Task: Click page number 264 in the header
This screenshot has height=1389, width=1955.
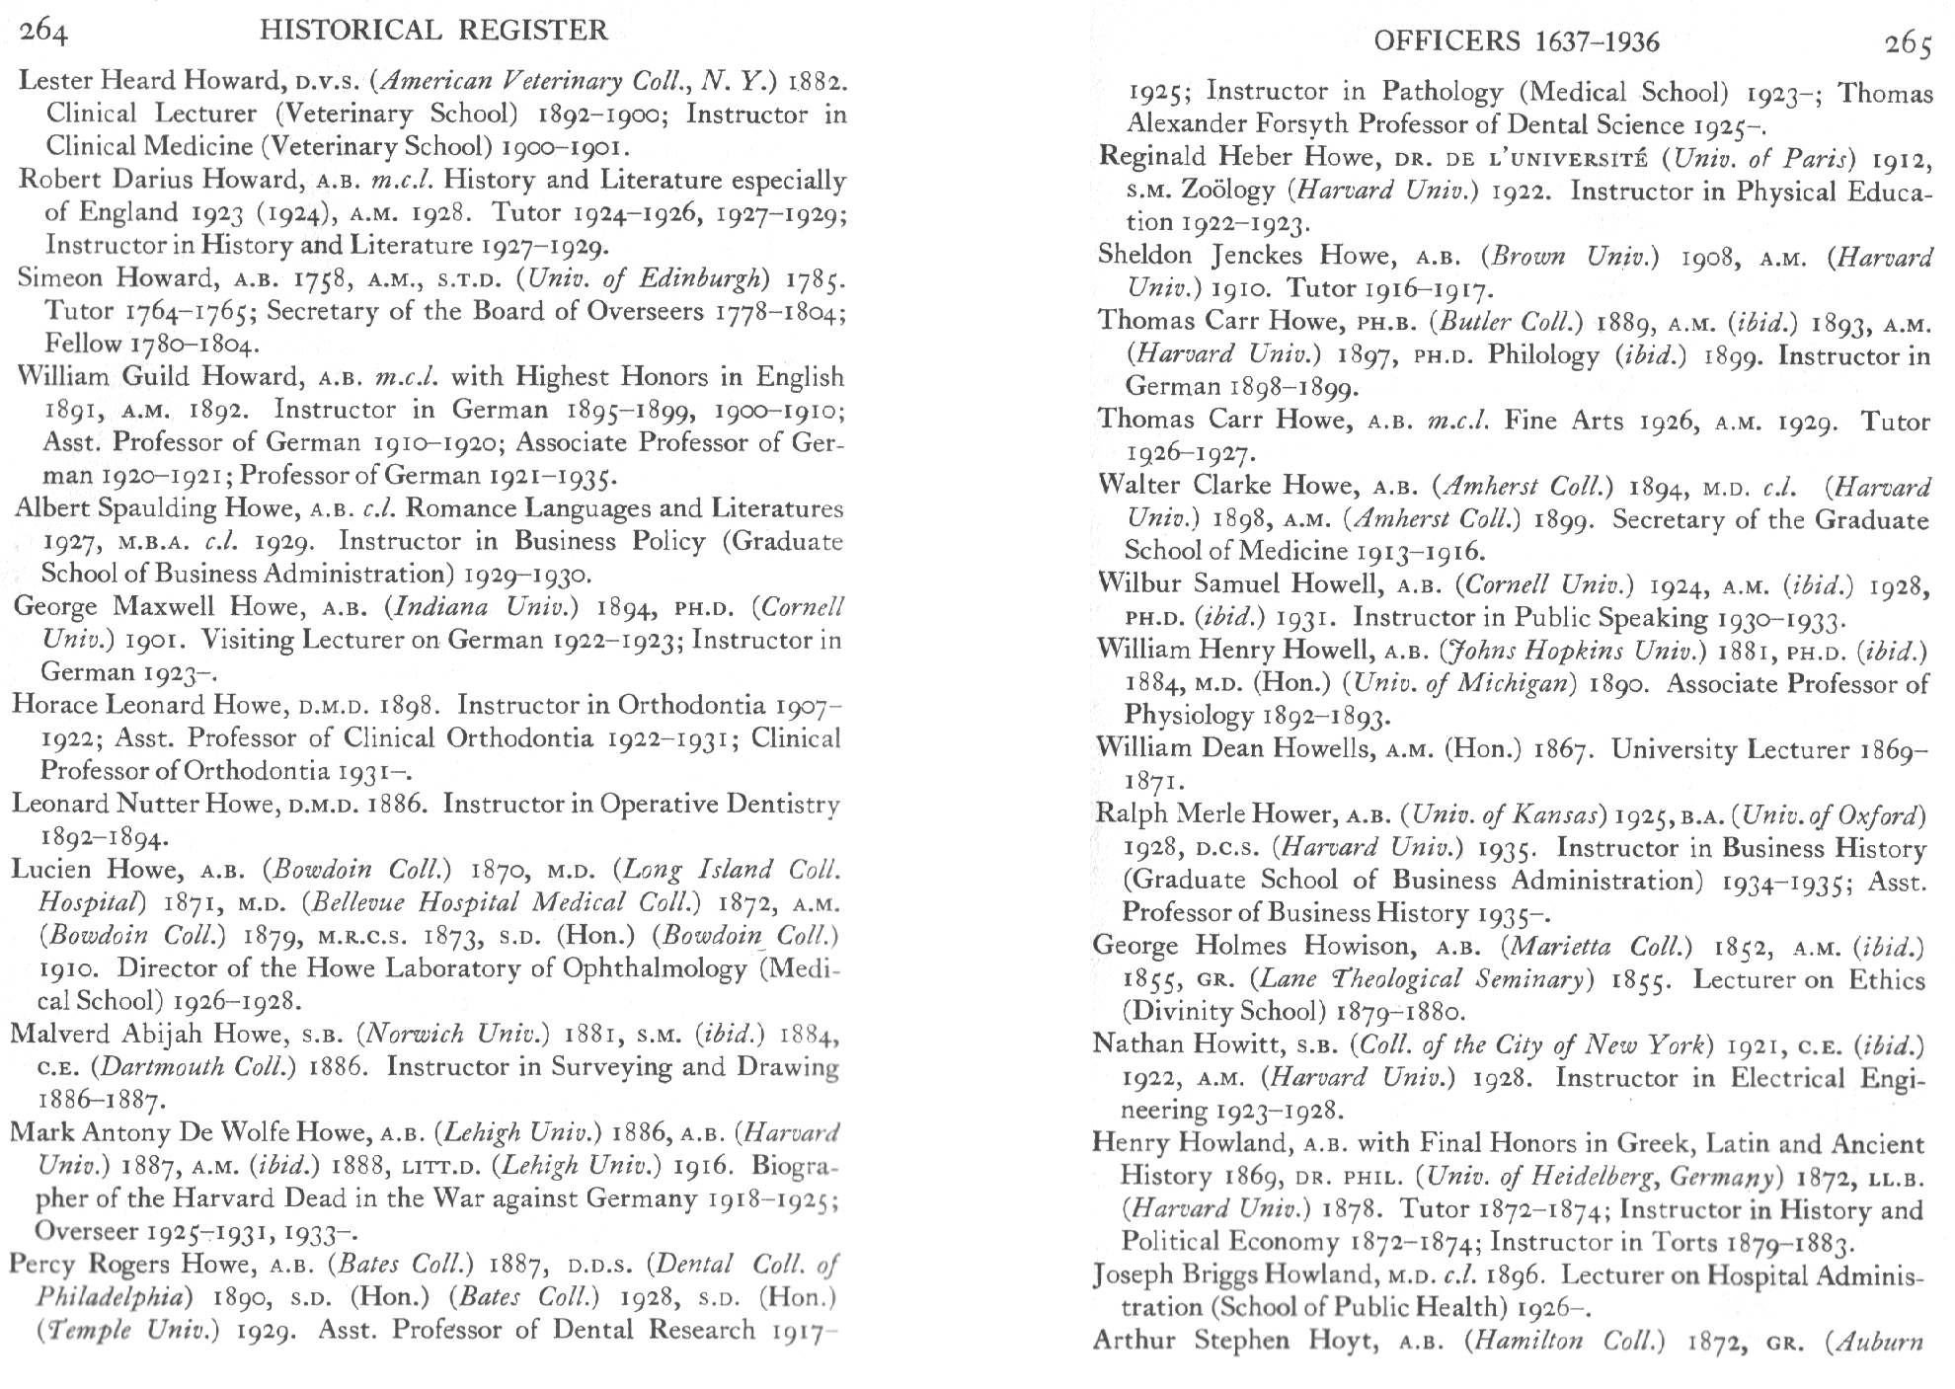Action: click(x=44, y=31)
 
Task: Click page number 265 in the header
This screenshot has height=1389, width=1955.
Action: click(x=1908, y=43)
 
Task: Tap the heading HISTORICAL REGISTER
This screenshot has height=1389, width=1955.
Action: click(x=433, y=31)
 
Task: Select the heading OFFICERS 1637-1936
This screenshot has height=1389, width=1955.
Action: click(x=1517, y=41)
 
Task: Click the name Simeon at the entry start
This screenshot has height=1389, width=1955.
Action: click(x=61, y=277)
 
